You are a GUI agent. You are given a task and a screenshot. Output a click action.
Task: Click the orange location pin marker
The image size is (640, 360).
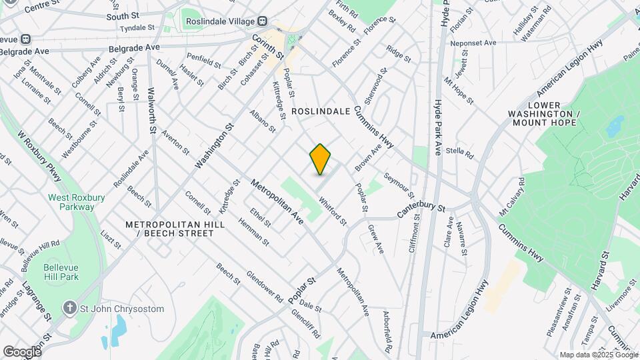(x=320, y=159)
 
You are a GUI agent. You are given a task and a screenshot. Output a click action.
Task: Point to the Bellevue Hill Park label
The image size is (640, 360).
(x=61, y=271)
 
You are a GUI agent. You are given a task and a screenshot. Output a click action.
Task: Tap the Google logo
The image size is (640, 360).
(x=22, y=351)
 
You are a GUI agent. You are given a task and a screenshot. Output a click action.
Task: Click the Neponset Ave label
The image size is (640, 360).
(x=473, y=43)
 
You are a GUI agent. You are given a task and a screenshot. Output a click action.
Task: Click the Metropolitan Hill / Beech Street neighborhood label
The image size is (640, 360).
(x=175, y=229)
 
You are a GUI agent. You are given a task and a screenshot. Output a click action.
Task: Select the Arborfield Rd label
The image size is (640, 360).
(x=387, y=331)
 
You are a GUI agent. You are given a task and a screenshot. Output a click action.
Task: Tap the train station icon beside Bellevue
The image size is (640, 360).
(x=26, y=39)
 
